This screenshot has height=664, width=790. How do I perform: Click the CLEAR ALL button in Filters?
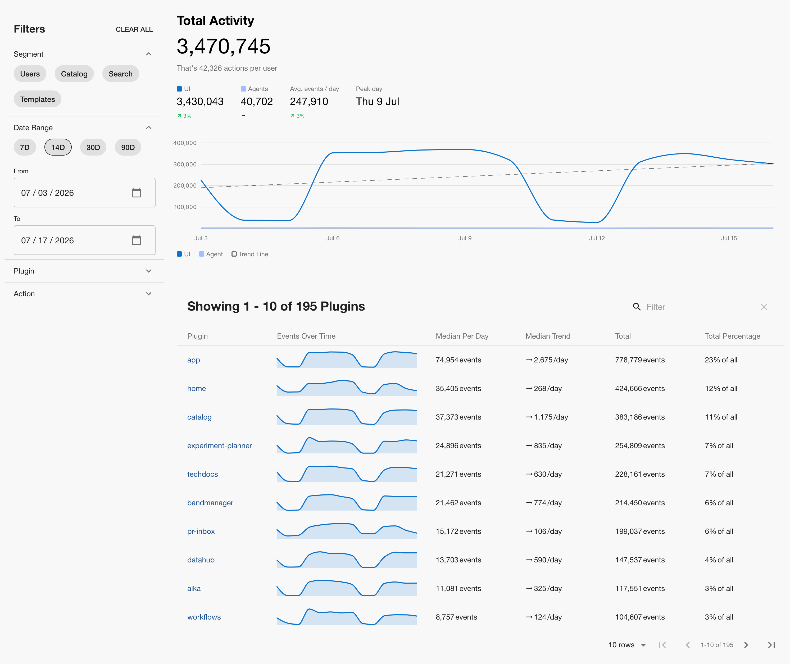134,29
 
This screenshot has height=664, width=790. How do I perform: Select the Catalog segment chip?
74,74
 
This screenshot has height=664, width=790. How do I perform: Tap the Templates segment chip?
37,99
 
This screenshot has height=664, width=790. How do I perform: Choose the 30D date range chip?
93,147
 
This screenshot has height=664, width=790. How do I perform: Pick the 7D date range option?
25,147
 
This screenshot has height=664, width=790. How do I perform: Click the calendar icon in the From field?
136,193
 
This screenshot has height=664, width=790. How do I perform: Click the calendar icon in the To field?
136,240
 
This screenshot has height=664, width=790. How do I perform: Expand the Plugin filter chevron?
149,271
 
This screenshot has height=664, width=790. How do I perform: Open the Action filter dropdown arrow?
149,294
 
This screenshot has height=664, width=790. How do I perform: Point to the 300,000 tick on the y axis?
185,164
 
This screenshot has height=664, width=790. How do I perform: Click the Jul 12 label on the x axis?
597,238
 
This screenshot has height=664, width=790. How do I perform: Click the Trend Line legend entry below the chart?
250,254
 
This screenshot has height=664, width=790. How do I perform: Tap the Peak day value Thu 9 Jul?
378,102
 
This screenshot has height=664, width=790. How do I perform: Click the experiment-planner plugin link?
219,446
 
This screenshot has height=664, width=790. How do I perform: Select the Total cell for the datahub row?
640,560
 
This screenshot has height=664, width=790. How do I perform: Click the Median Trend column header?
548,336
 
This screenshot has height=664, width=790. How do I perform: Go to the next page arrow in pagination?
746,645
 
